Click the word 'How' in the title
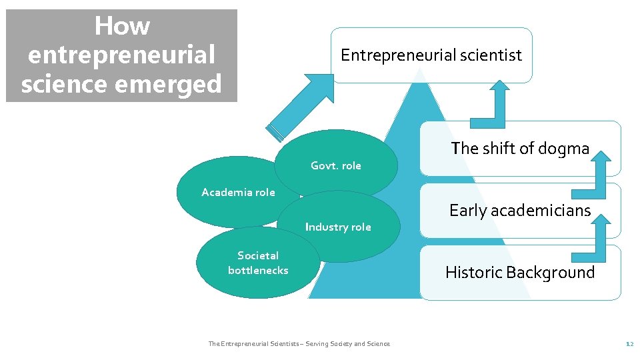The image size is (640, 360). coord(122,27)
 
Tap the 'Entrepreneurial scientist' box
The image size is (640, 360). coord(431,55)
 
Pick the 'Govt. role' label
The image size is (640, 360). coord(335,165)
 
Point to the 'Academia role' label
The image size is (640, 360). coord(238,192)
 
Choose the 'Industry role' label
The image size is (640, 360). coord(338,227)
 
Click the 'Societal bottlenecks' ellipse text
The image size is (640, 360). coord(258,263)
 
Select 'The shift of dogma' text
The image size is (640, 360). coord(520,148)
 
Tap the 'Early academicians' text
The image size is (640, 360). coord(520,211)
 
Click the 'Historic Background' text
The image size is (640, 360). coord(520,272)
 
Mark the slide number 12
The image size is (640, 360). coord(629,344)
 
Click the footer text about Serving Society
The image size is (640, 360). coord(299,344)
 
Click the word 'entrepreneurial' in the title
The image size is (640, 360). coord(122,55)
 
